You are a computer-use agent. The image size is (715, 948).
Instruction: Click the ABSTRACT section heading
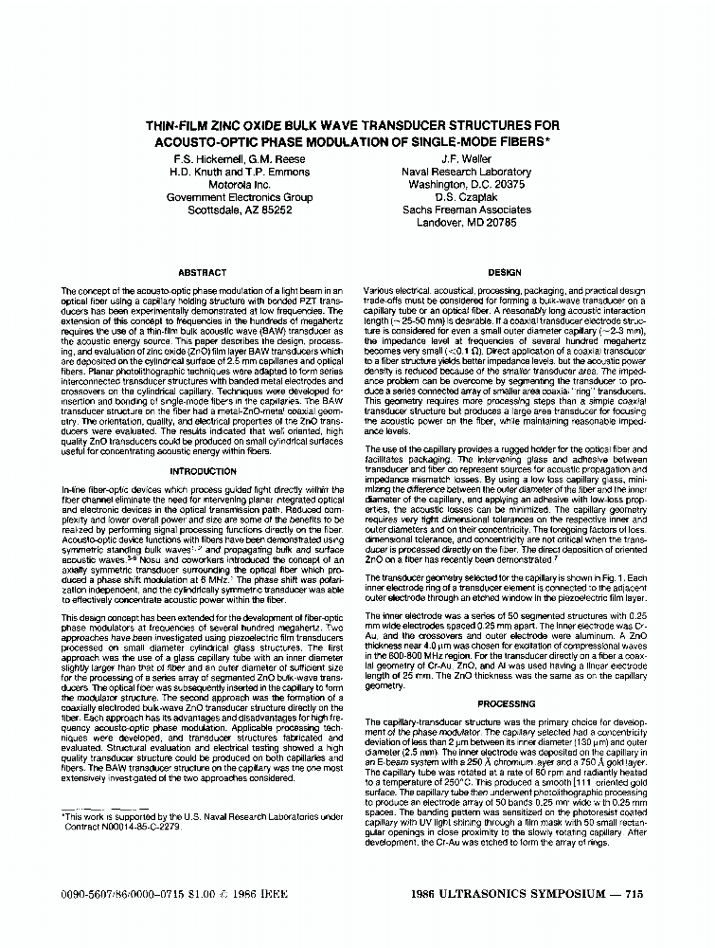click(202, 272)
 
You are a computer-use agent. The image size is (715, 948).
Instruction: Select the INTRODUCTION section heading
click(202, 471)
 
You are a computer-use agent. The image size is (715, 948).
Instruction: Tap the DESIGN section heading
click(505, 272)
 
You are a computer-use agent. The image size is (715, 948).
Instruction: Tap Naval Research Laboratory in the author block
click(466, 173)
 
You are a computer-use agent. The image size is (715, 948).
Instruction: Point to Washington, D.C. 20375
click(466, 185)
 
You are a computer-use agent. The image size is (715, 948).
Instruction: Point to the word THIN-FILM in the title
click(182, 125)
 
